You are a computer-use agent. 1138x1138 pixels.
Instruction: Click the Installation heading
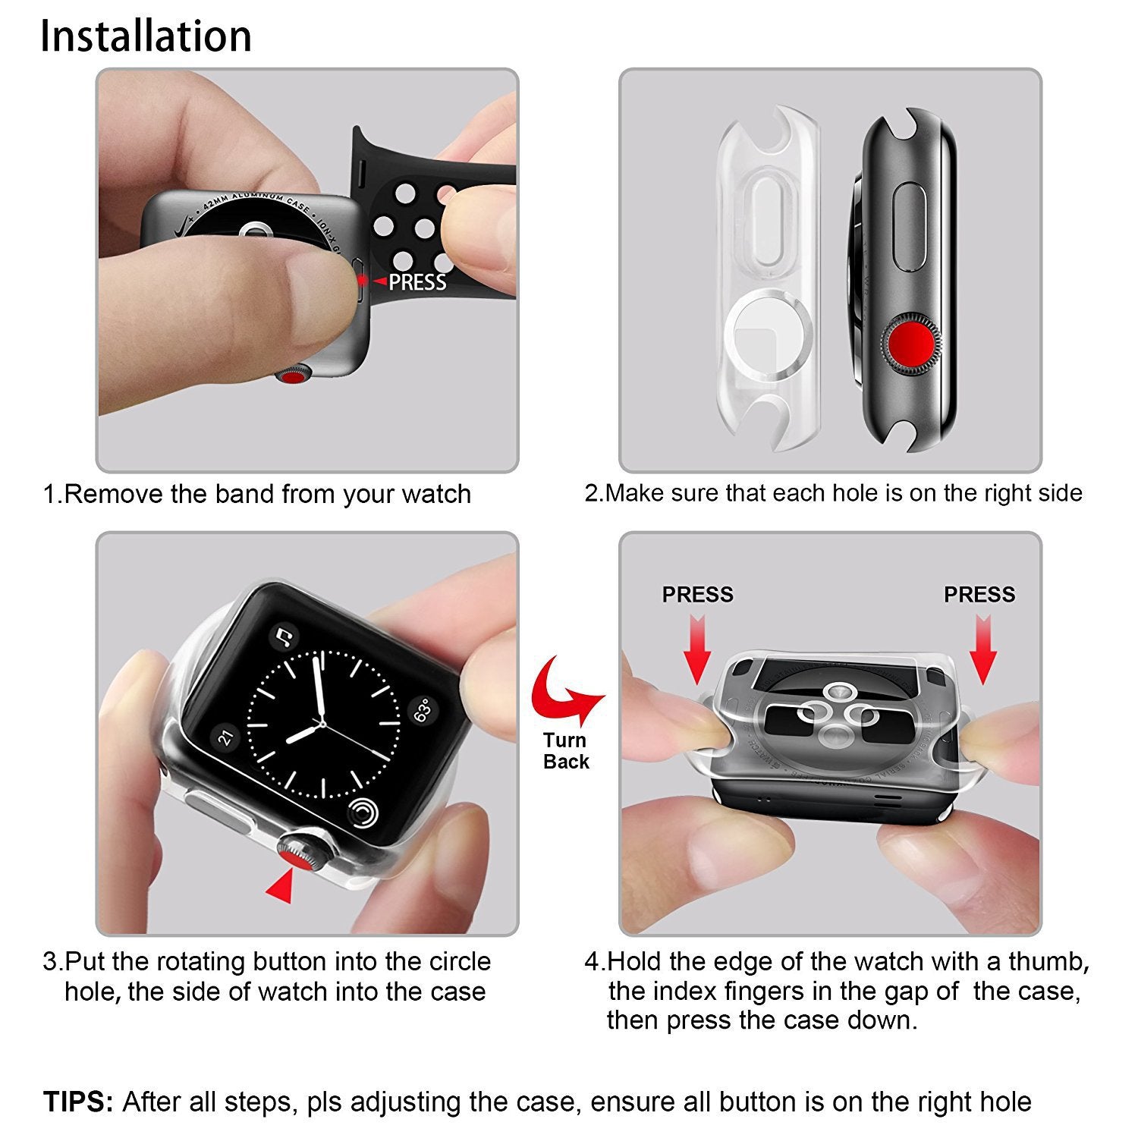(x=146, y=36)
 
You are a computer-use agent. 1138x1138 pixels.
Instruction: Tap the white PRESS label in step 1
(x=417, y=282)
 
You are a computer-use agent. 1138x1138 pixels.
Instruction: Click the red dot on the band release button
(x=363, y=281)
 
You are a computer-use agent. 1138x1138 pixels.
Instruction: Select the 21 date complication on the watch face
(x=225, y=736)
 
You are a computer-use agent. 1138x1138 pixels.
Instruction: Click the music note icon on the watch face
(x=284, y=637)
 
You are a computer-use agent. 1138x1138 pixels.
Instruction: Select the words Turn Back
(x=566, y=751)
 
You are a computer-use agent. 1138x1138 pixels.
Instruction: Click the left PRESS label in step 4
(x=697, y=594)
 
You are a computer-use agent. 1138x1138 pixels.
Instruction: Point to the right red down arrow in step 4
(x=983, y=649)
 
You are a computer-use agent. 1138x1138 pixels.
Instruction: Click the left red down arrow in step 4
(x=697, y=649)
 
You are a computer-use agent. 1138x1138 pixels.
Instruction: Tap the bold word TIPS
(x=77, y=1102)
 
